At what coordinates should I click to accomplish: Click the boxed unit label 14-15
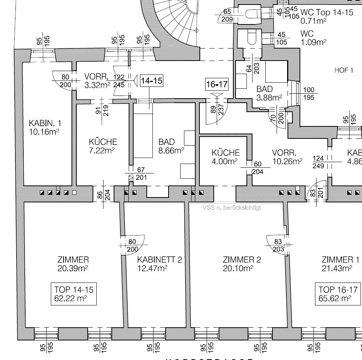(152, 81)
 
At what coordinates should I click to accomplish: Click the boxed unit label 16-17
(217, 85)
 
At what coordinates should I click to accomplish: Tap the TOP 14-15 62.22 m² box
(74, 294)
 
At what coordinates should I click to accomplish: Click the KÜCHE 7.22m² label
(103, 146)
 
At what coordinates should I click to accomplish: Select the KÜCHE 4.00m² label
(225, 156)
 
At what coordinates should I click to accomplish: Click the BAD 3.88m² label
(269, 93)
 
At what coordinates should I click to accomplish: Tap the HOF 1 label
(344, 70)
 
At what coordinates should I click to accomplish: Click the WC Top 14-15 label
(327, 12)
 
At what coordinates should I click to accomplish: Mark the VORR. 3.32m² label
(97, 81)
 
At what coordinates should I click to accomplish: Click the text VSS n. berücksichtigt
(231, 207)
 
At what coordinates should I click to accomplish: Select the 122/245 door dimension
(119, 81)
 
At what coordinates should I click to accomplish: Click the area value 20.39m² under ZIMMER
(73, 268)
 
